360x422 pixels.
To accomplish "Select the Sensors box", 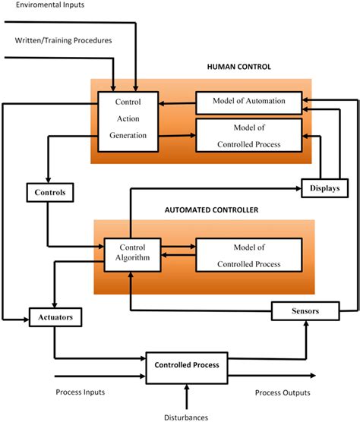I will (x=305, y=311).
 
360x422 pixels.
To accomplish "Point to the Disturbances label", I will (x=187, y=415).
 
